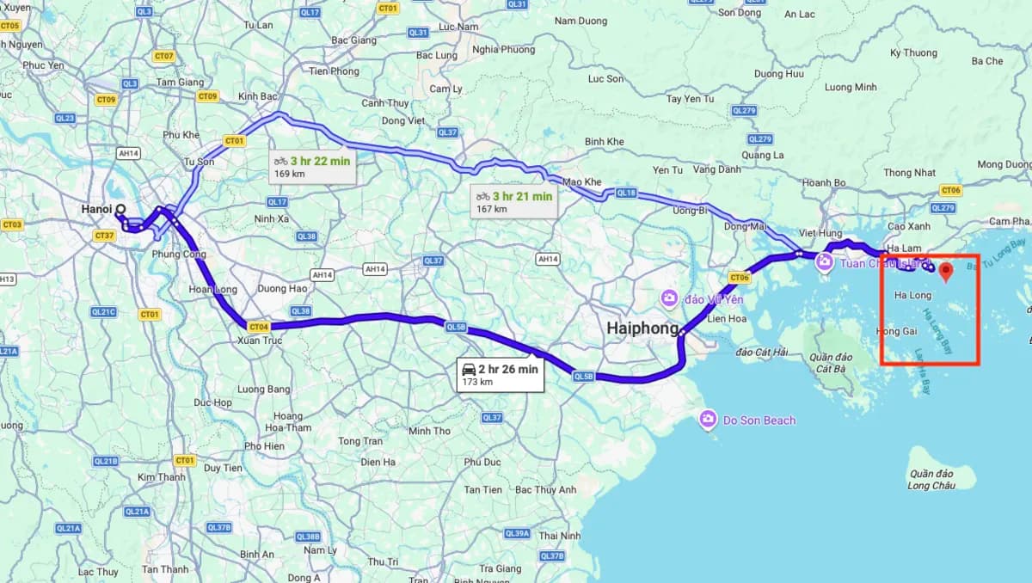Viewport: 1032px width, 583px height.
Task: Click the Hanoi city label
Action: click(98, 209)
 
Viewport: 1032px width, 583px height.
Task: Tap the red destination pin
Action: click(946, 273)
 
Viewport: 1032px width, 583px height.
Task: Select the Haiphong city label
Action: click(642, 328)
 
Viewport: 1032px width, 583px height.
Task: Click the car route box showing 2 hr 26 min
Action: click(501, 374)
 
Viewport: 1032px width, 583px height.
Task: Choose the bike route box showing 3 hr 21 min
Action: click(514, 201)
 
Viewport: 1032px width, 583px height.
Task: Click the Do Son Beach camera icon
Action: click(708, 420)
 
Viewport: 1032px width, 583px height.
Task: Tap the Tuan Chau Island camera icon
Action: click(824, 262)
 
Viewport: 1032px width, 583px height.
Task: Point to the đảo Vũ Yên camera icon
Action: click(669, 298)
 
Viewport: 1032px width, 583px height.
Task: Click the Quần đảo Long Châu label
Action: click(931, 480)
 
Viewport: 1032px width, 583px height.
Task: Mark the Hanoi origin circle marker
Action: click(120, 208)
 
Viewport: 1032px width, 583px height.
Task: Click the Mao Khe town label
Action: click(582, 182)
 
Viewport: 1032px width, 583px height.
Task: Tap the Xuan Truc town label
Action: click(259, 341)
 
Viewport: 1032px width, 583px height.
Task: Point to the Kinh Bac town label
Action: click(258, 96)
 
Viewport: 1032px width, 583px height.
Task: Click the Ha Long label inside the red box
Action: click(912, 295)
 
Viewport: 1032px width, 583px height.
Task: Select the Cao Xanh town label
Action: click(909, 226)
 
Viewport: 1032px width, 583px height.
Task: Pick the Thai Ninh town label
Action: click(559, 536)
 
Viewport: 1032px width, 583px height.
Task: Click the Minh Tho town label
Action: click(429, 431)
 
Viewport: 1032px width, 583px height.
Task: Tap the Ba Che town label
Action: click(987, 61)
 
